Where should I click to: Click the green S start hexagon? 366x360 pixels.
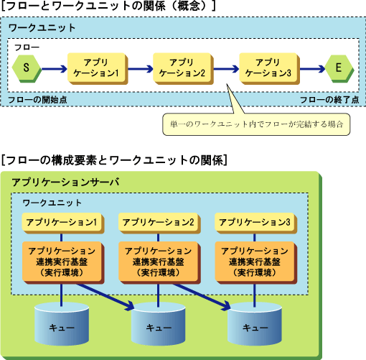pyautogui.click(x=27, y=69)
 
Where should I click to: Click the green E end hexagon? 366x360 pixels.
pyautogui.click(x=339, y=69)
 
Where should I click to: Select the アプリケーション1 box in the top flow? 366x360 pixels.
pyautogui.click(x=98, y=69)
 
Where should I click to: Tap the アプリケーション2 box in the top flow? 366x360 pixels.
pyautogui.click(x=183, y=69)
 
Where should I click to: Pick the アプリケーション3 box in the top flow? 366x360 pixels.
pyautogui.click(x=269, y=69)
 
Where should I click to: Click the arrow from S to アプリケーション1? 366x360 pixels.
pyautogui.click(x=55, y=69)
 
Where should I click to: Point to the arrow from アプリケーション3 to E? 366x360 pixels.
pyautogui.click(x=312, y=69)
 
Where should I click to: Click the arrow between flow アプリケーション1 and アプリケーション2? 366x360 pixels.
pyautogui.click(x=141, y=69)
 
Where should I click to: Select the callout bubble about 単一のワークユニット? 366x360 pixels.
pyautogui.click(x=256, y=124)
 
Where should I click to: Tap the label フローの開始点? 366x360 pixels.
pyautogui.click(x=37, y=100)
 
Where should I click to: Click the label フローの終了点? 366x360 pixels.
pyautogui.click(x=329, y=100)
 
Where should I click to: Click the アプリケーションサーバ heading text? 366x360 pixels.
pyautogui.click(x=65, y=183)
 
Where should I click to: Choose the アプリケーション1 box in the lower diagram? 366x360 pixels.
pyautogui.click(x=63, y=223)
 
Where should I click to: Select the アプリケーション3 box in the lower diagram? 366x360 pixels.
pyautogui.click(x=256, y=223)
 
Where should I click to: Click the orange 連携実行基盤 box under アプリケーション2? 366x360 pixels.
pyautogui.click(x=159, y=262)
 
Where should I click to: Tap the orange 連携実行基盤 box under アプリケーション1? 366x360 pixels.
pyautogui.click(x=63, y=262)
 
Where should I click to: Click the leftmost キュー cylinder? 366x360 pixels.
pyautogui.click(x=62, y=324)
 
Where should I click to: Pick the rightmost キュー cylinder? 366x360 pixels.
pyautogui.click(x=255, y=324)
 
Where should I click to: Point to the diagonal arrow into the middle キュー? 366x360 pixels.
pyautogui.click(x=105, y=297)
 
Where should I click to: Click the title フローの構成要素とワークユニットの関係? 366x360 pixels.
pyautogui.click(x=114, y=160)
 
